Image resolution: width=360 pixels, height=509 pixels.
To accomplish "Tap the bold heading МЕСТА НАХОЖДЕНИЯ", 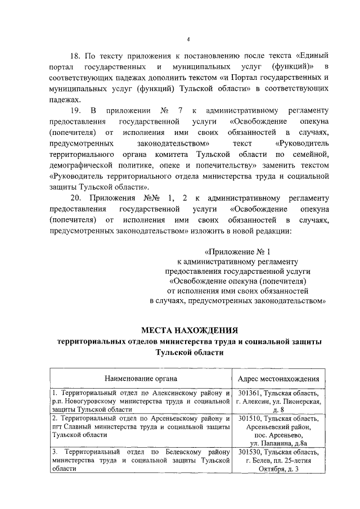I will [189, 330].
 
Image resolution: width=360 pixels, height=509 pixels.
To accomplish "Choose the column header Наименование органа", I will [140, 379].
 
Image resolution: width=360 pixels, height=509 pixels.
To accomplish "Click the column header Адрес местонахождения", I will [279, 379].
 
